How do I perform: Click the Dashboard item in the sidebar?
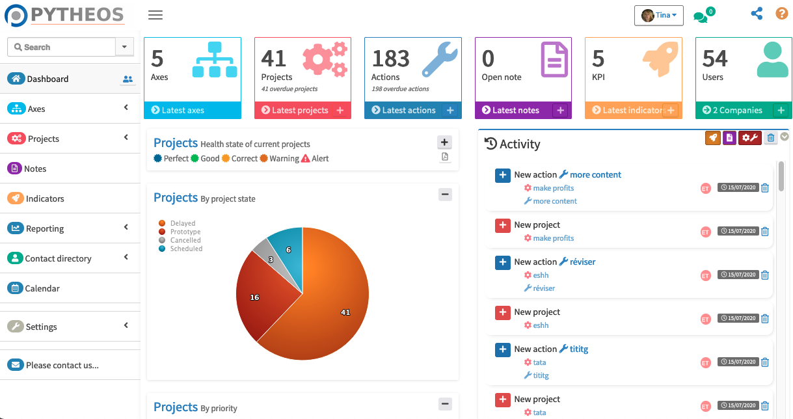[x=47, y=79]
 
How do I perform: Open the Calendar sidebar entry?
[x=42, y=288]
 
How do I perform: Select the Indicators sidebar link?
[x=45, y=198]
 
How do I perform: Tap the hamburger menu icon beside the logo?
[x=155, y=15]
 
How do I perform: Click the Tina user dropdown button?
[x=658, y=15]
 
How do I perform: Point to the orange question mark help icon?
[x=781, y=14]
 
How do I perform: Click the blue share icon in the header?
[x=757, y=14]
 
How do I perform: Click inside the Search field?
[x=62, y=47]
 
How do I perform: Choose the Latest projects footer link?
[x=300, y=111]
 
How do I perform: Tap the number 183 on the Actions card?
[x=390, y=59]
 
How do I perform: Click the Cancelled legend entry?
[x=185, y=240]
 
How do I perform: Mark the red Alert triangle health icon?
[x=306, y=158]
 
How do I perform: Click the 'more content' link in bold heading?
[x=595, y=174]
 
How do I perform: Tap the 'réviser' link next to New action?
[x=582, y=262]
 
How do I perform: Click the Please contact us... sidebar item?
[x=62, y=365]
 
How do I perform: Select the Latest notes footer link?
[x=515, y=111]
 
